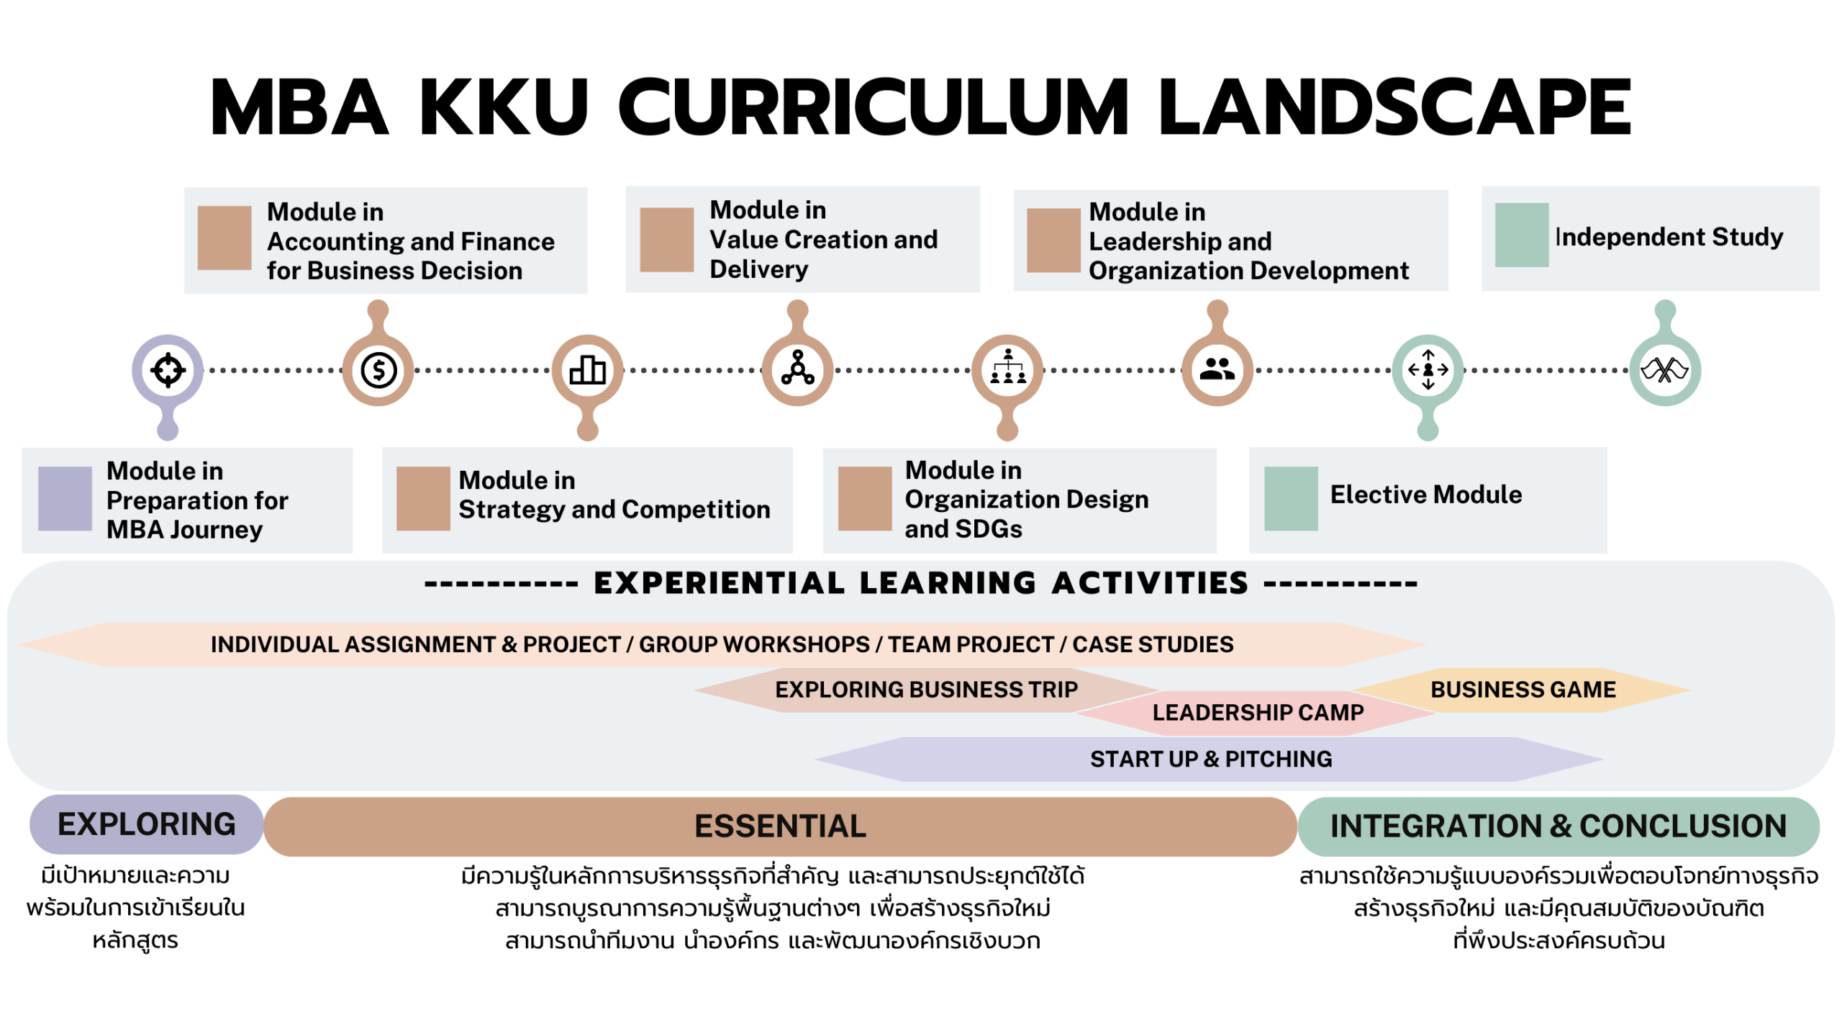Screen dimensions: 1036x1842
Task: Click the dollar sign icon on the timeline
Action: pyautogui.click(x=378, y=371)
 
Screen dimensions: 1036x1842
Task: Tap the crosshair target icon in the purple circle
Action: pyautogui.click(x=168, y=371)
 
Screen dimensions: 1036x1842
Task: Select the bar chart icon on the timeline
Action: pyautogui.click(x=588, y=371)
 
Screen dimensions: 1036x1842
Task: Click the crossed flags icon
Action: pyautogui.click(x=1664, y=371)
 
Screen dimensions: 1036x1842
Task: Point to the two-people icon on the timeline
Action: pyautogui.click(x=1217, y=370)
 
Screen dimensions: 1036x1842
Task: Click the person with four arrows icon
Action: pyautogui.click(x=1428, y=370)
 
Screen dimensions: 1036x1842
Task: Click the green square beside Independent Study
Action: pyautogui.click(x=1521, y=235)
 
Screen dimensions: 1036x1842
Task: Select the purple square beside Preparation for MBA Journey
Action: pyautogui.click(x=65, y=499)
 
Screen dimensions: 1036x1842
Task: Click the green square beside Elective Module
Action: pyautogui.click(x=1291, y=499)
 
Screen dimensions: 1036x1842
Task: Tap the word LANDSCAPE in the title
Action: pyautogui.click(x=1394, y=108)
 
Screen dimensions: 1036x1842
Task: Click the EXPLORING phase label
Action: pyautogui.click(x=146, y=825)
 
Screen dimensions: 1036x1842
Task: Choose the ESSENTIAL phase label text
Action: pyautogui.click(x=780, y=826)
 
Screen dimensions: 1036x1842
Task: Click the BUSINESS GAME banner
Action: pyautogui.click(x=1523, y=690)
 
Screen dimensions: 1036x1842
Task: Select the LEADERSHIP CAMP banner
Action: pyautogui.click(x=1258, y=713)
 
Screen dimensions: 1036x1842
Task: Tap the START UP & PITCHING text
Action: pyautogui.click(x=1211, y=760)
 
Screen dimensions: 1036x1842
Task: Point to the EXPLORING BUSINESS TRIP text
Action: pyautogui.click(x=926, y=690)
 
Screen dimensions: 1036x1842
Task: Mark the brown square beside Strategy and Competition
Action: pyautogui.click(x=423, y=499)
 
